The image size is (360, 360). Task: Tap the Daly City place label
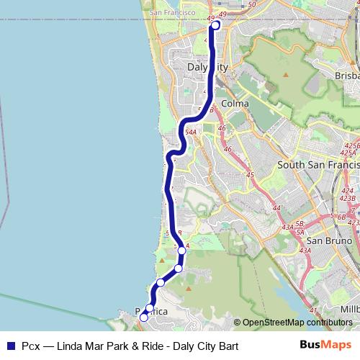[207, 67]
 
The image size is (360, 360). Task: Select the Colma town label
[235, 104]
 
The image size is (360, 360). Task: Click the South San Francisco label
[318, 165]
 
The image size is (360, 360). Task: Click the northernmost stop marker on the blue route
[215, 26]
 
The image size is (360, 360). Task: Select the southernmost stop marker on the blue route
[144, 317]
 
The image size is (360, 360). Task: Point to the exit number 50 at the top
[251, 5]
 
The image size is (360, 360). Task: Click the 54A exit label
[191, 132]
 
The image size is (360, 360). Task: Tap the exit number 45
[250, 175]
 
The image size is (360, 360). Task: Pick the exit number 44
[276, 209]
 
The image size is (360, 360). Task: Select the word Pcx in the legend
[30, 346]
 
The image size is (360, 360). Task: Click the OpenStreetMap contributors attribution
[297, 323]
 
